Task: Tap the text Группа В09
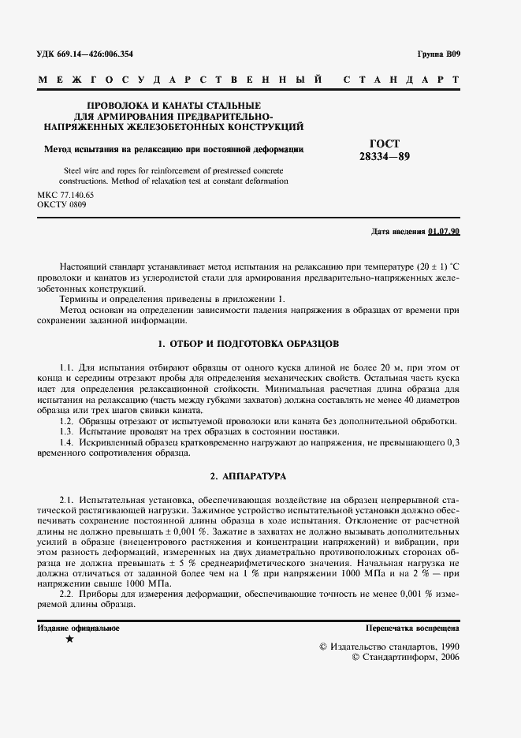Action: point(438,54)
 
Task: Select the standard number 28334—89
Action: point(385,156)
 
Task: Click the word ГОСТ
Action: point(385,143)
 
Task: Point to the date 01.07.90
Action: point(445,232)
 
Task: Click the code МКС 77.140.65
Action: point(65,194)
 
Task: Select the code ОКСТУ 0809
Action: point(62,204)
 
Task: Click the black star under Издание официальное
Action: point(69,639)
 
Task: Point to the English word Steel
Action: point(71,170)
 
